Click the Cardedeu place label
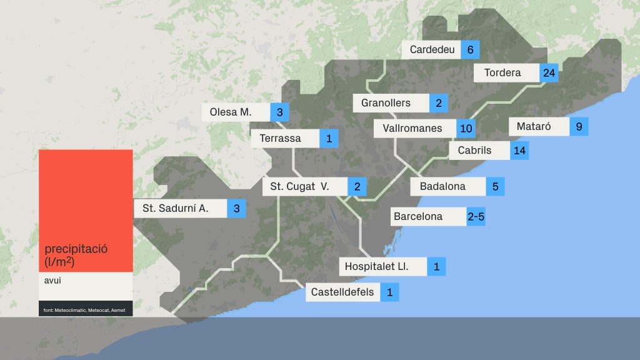(x=432, y=49)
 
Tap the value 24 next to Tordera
(x=549, y=72)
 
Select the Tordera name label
(x=502, y=72)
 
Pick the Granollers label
(x=386, y=102)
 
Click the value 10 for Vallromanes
(x=466, y=129)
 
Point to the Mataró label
(x=534, y=126)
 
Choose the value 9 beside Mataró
(x=579, y=127)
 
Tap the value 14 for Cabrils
(x=519, y=151)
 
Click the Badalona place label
(x=442, y=186)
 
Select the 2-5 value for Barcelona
(x=476, y=217)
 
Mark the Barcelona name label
(x=417, y=217)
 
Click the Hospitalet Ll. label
(x=377, y=267)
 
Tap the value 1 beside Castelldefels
(x=389, y=292)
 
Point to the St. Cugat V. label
(x=299, y=186)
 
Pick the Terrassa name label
(x=280, y=138)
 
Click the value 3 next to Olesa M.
(x=279, y=112)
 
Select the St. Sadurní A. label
(x=176, y=208)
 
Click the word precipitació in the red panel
(x=76, y=248)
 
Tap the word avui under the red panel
(x=53, y=281)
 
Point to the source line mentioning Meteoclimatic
(x=84, y=310)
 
